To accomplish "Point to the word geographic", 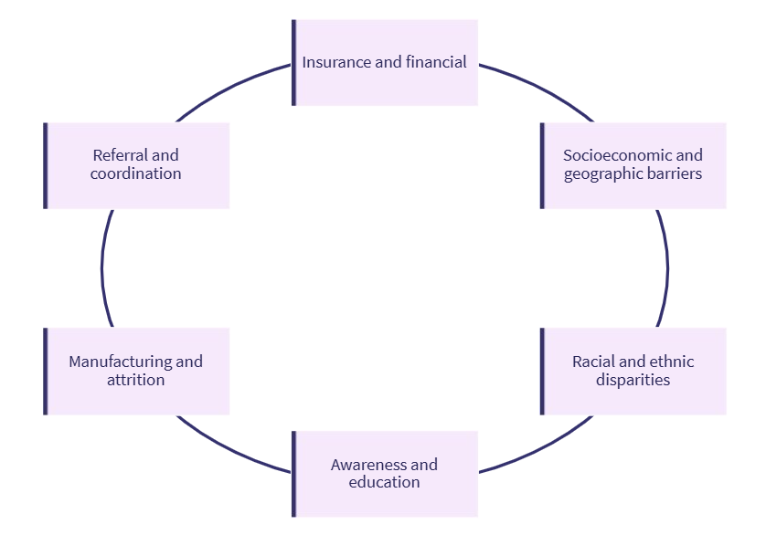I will (x=602, y=174).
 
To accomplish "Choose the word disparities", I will (x=633, y=380).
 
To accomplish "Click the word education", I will (x=384, y=483).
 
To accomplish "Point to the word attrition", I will (x=135, y=380).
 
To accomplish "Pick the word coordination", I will (x=135, y=174).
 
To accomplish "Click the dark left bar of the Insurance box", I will (x=294, y=62).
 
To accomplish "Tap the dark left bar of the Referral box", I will (x=46, y=165).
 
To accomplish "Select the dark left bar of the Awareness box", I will (x=294, y=474).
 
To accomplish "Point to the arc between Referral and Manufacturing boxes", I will (x=102, y=268).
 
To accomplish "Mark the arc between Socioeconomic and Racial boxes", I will (x=667, y=268).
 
